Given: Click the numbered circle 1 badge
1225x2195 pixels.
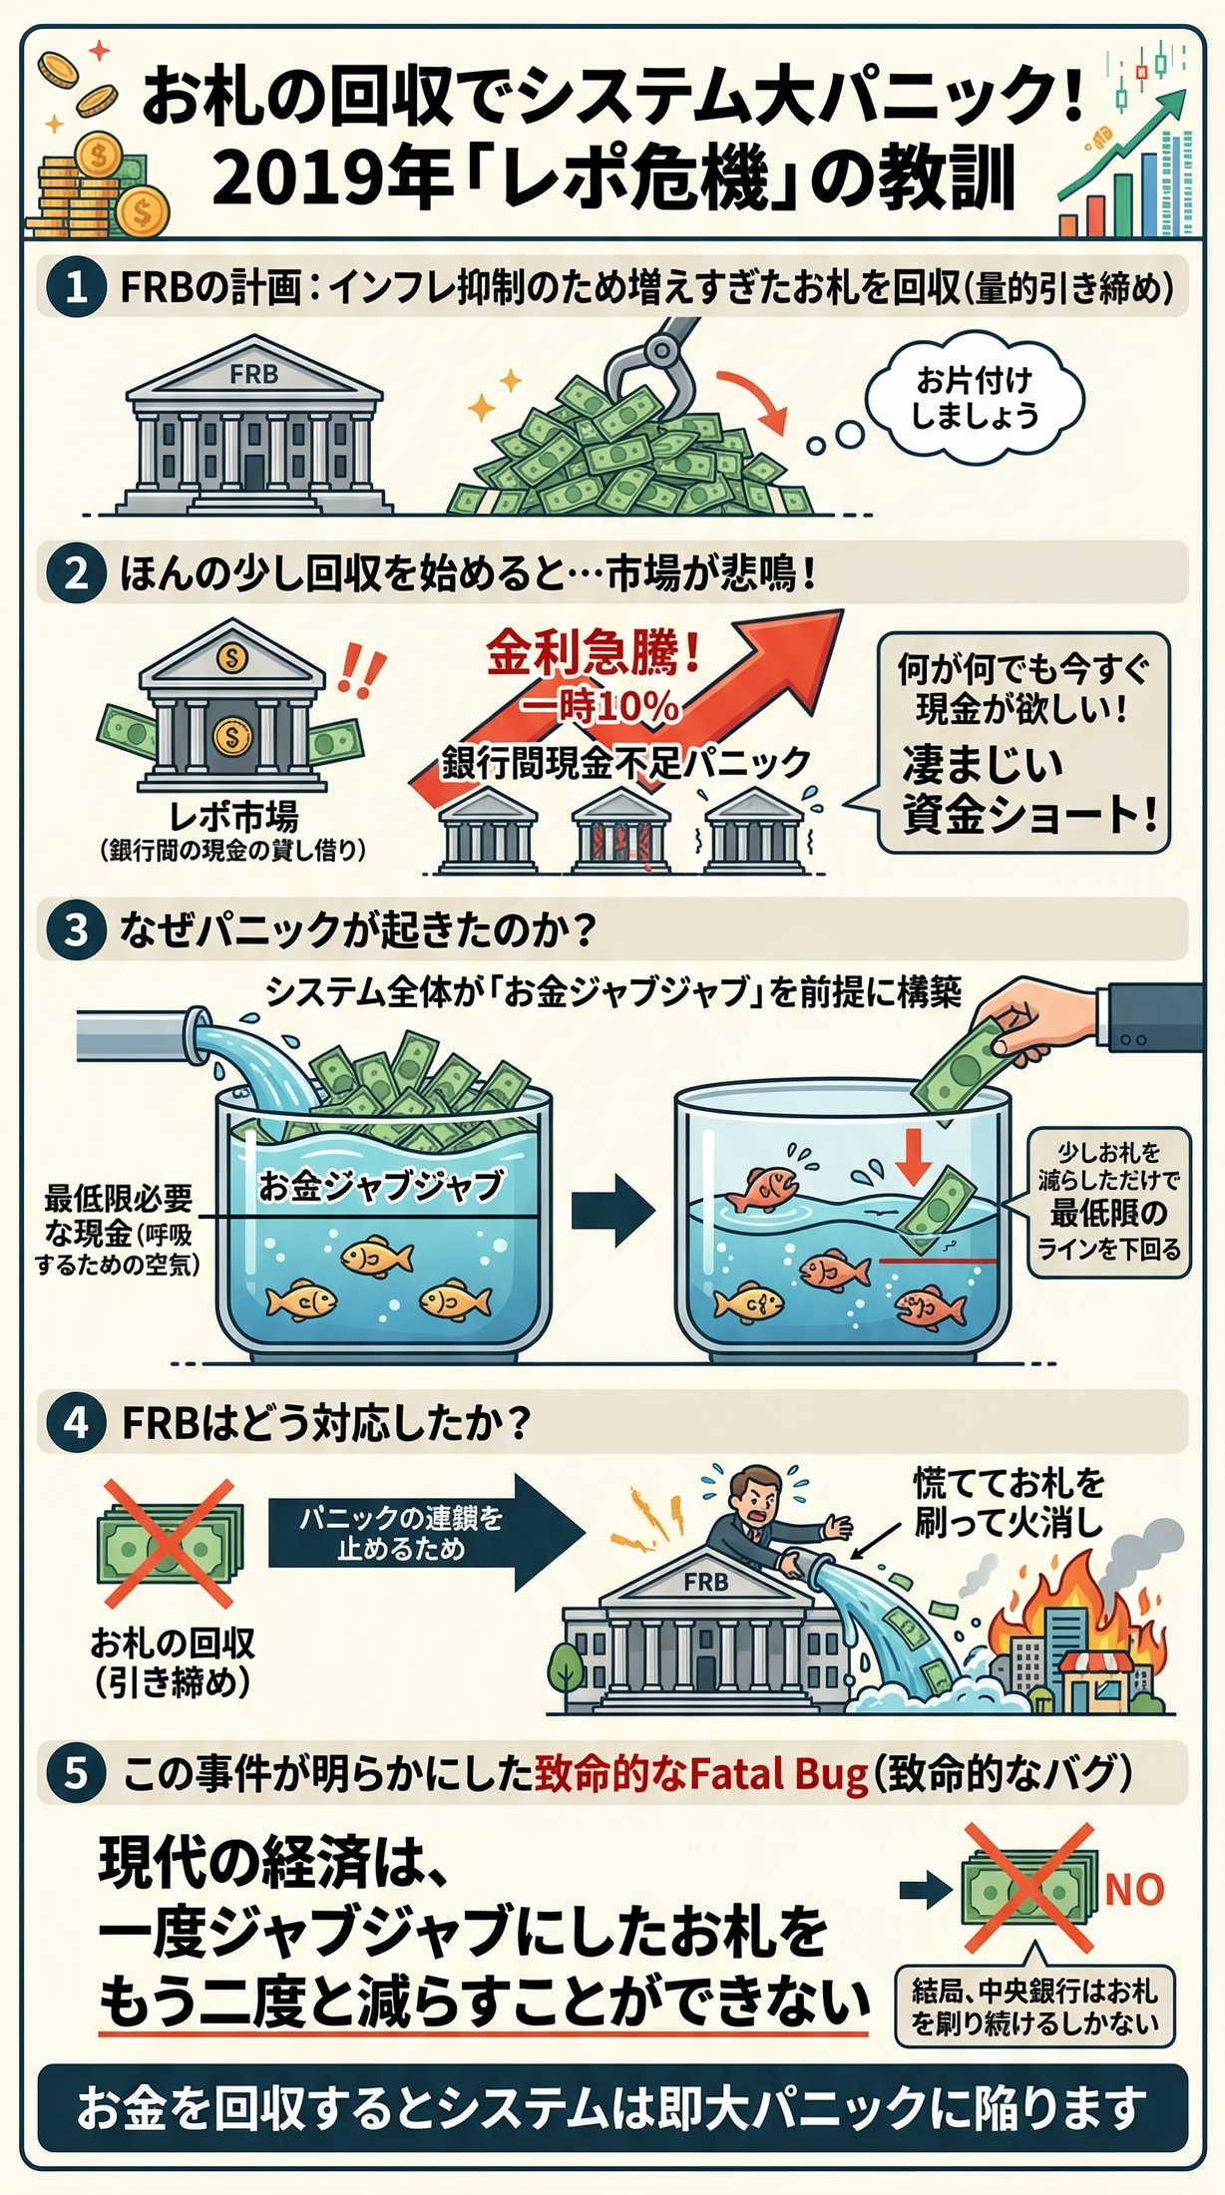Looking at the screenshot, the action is pyautogui.click(x=77, y=288).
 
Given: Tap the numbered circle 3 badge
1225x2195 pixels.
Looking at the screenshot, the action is pyautogui.click(x=77, y=929).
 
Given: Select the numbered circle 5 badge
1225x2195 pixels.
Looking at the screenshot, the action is pyautogui.click(x=77, y=1773).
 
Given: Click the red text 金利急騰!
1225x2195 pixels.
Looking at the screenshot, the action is pyautogui.click(x=595, y=653).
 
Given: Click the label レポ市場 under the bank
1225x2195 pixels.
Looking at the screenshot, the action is pyautogui.click(x=232, y=817).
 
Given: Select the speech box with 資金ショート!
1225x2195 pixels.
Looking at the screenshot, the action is pyautogui.click(x=1021, y=743).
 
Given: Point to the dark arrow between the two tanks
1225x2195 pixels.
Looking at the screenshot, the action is pyautogui.click(x=612, y=1209).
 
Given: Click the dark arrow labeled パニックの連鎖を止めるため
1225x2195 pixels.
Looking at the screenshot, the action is pyautogui.click(x=425, y=1532).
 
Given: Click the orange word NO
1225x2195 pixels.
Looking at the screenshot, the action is pyautogui.click(x=1134, y=1889).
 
